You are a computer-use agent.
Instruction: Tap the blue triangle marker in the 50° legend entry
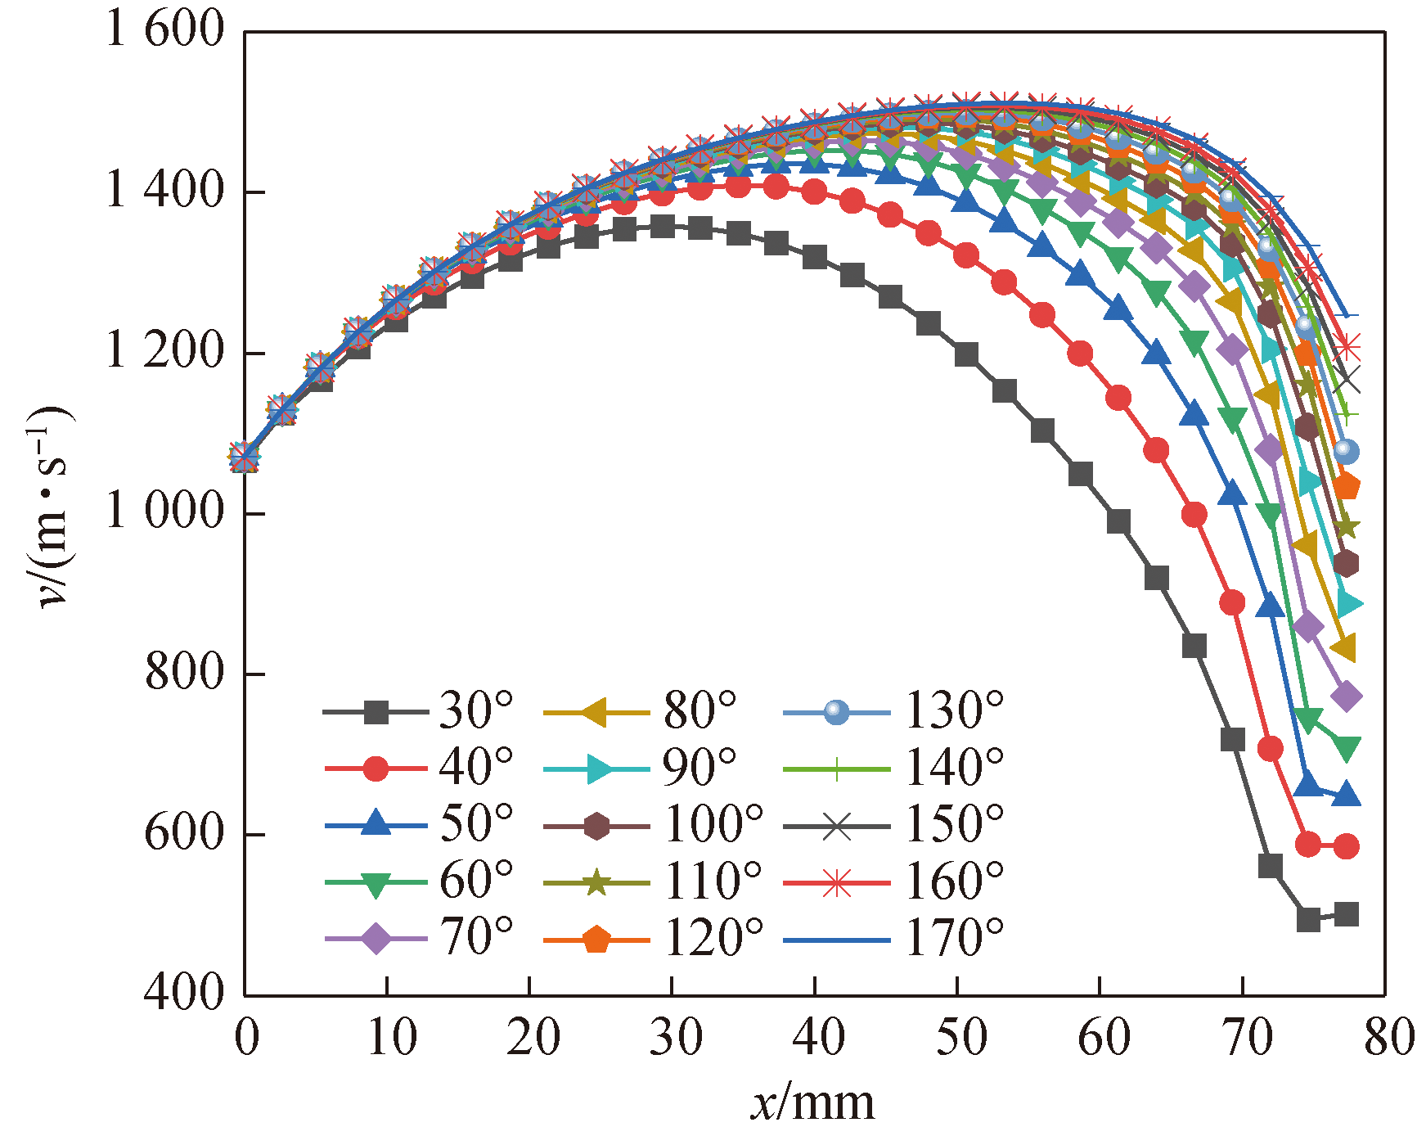pyautogui.click(x=376, y=824)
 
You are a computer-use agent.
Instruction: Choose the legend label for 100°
pyautogui.click(x=712, y=824)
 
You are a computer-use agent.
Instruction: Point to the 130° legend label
pyautogui.click(x=953, y=711)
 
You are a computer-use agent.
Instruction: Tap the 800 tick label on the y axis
pyautogui.click(x=185, y=674)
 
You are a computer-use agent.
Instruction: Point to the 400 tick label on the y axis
pyautogui.click(x=185, y=993)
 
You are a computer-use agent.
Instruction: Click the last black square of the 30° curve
pyautogui.click(x=1346, y=914)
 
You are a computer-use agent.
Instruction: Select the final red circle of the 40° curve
pyautogui.click(x=1346, y=846)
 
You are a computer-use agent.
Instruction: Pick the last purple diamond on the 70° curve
pyautogui.click(x=1346, y=696)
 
